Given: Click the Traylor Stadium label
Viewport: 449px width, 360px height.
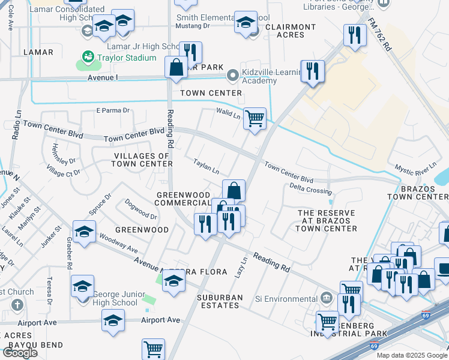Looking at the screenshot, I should (128, 58).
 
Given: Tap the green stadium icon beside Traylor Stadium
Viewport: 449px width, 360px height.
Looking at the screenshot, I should (88, 58).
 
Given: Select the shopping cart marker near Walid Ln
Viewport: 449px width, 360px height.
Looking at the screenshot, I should (255, 119).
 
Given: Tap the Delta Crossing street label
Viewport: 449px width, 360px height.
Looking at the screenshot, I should (310, 190).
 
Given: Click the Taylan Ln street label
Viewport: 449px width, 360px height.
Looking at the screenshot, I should (206, 166).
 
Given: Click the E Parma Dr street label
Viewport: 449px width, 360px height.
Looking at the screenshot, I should (113, 110).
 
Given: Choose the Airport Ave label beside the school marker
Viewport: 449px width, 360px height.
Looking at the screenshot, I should (160, 320).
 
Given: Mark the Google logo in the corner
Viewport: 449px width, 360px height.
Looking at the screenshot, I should (20, 353).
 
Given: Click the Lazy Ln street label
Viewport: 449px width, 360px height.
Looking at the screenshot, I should (243, 267).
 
